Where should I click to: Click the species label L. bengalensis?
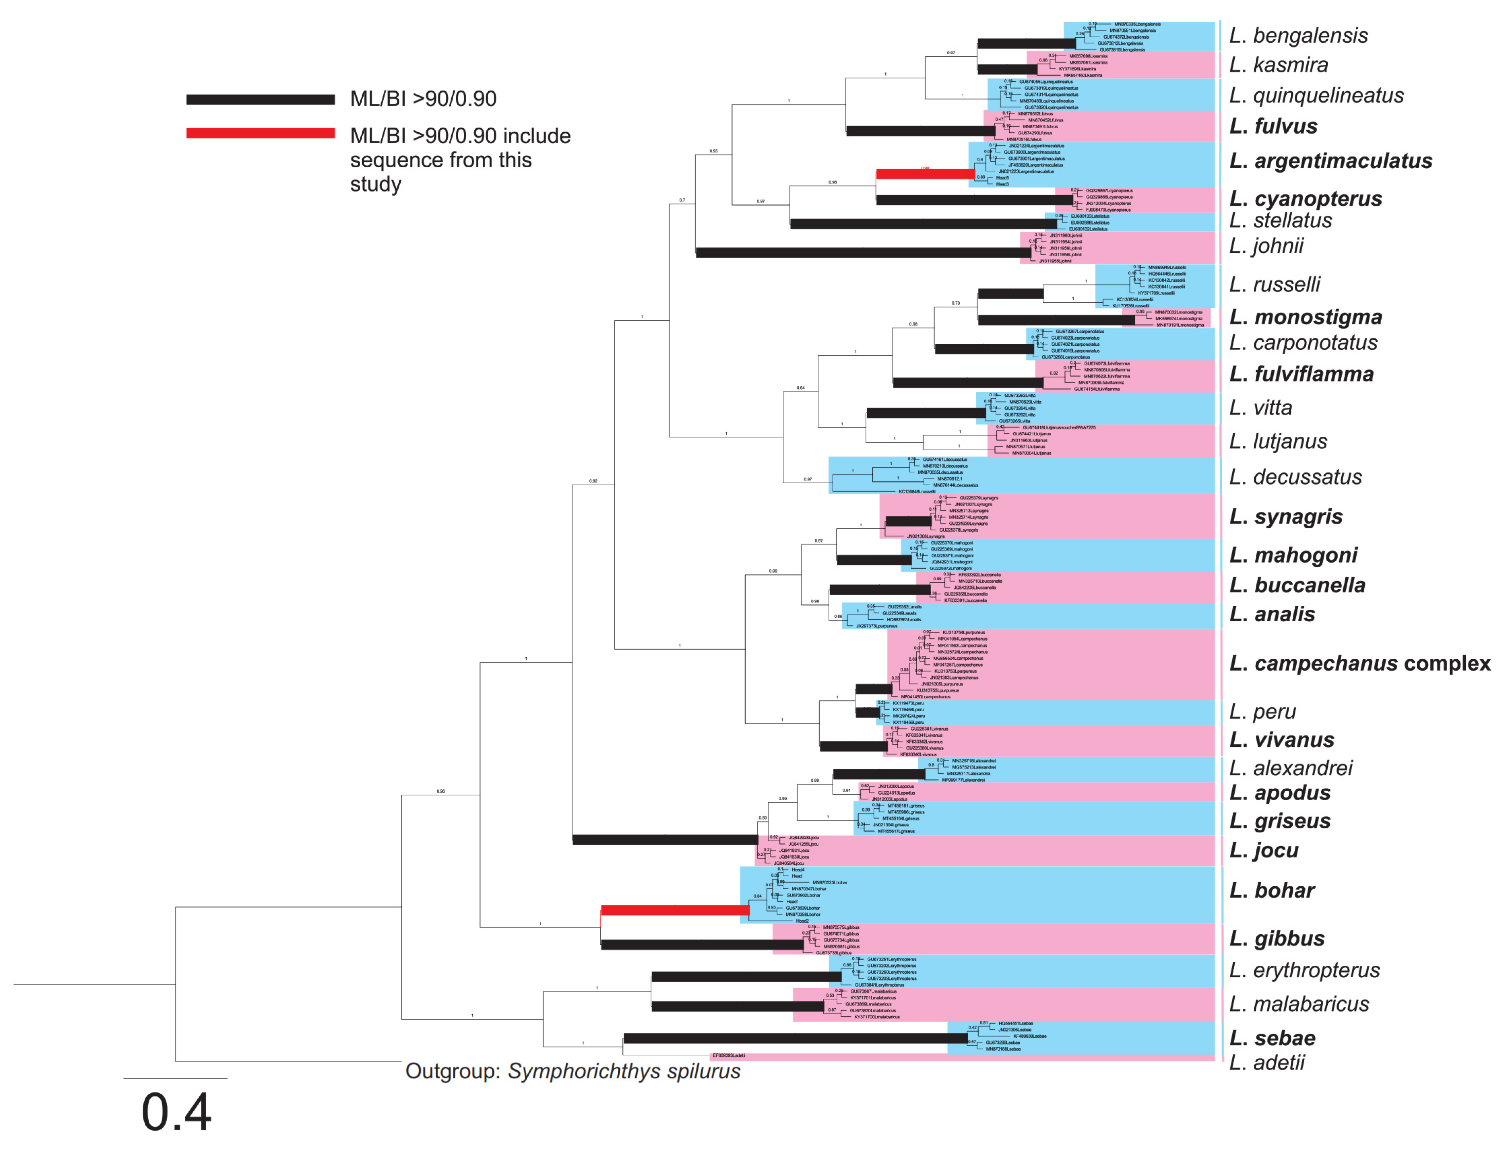click(x=1298, y=36)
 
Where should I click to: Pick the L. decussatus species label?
click(x=1295, y=477)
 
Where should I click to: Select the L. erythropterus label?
click(x=1304, y=970)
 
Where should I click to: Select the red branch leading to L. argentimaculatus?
click(x=925, y=174)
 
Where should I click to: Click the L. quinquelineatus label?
click(x=1316, y=95)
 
